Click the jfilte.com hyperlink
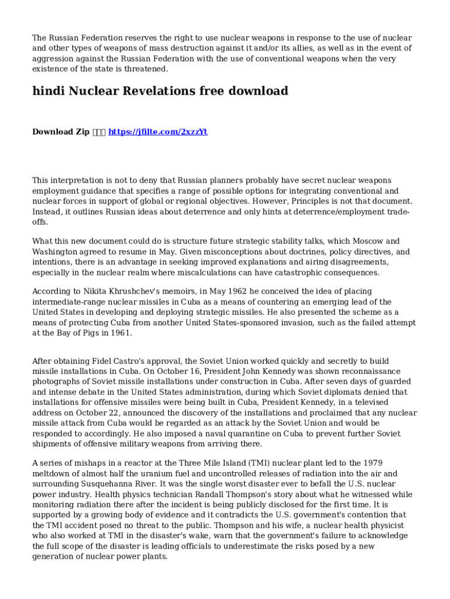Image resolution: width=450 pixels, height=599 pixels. click(158, 132)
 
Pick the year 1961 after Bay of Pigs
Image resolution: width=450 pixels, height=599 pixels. click(119, 333)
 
